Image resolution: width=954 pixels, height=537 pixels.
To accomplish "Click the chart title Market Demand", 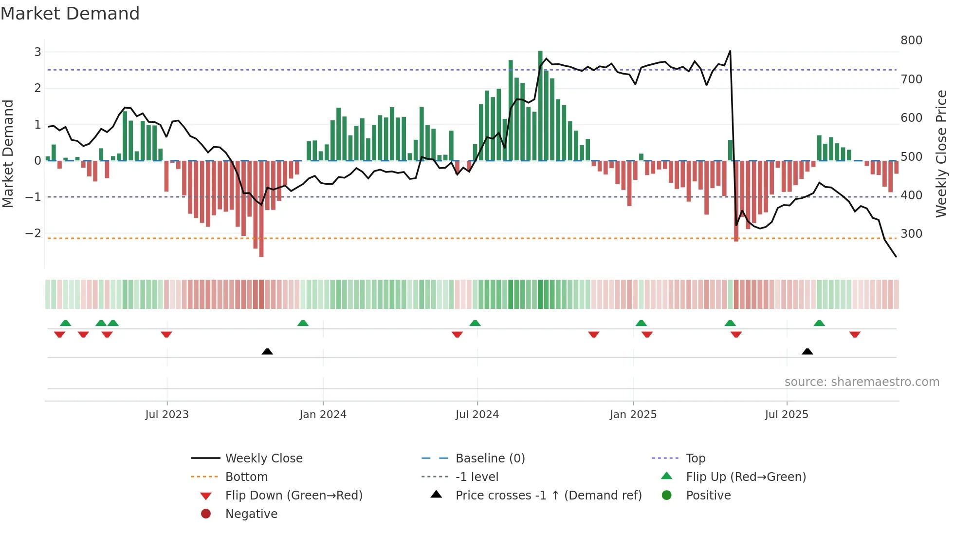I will pos(70,14).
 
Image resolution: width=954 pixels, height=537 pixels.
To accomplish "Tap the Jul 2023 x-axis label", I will pos(166,415).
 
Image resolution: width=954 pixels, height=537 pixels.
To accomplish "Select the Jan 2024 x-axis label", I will pos(323,415).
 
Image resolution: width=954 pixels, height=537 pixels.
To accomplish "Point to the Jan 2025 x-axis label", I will pos(633,415).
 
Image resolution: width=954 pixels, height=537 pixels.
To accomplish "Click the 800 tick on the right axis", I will pos(911,40).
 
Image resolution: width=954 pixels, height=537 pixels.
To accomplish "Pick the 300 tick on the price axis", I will pos(911,234).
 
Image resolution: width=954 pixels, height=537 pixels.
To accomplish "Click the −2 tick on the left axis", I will pos(33,233).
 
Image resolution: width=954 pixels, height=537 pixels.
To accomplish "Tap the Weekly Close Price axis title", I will pos(941,153).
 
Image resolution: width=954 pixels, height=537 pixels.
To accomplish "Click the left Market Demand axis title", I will pos(8,153).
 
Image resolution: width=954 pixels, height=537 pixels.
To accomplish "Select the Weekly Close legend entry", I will pos(263,459).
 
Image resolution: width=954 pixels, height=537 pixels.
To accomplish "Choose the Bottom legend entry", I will pos(246,477).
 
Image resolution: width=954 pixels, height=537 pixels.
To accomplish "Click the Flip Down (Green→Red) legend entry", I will pos(294,496).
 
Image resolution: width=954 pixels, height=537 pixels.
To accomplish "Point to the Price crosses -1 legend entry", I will pos(548,496).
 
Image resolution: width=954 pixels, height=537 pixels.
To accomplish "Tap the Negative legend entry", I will pos(251,514).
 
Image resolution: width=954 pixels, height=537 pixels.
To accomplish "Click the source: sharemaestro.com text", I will pos(862,382).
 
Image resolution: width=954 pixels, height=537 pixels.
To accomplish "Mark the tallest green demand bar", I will pos(540,105).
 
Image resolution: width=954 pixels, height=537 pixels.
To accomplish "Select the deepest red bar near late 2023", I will pos(261,209).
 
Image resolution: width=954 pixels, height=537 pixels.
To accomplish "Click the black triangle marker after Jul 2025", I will pos(807,351).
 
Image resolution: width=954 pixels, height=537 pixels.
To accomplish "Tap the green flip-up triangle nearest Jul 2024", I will pos(475,323).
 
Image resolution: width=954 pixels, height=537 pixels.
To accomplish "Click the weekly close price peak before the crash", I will pos(730,51).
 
